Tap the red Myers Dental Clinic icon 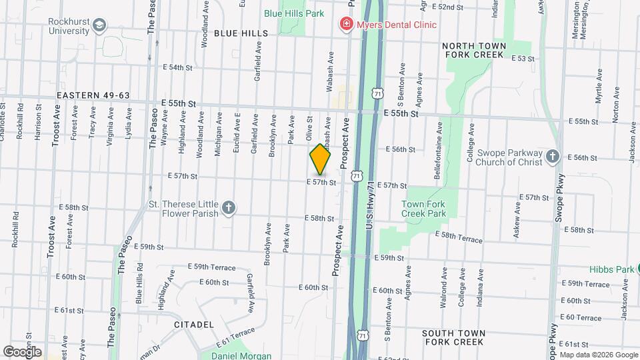coord(346,25)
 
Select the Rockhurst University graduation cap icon coord(99,25)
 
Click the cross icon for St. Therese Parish coord(229,208)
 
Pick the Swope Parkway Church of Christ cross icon coord(551,156)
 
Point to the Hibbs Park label coord(609,270)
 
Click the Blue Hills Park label coord(293,13)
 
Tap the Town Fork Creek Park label coord(423,209)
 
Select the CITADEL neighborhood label coord(193,325)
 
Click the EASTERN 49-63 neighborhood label coord(93,95)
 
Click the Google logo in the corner coord(22,351)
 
